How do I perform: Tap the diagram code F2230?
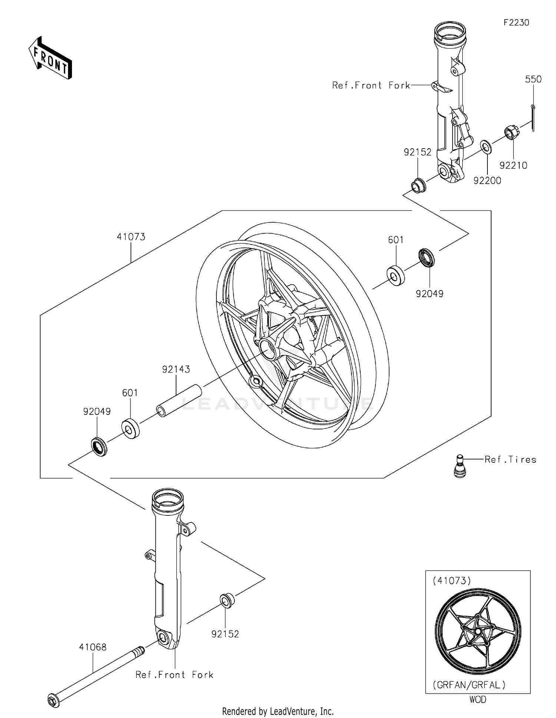click(x=516, y=23)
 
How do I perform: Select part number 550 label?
click(x=533, y=79)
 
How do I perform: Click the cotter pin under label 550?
click(x=533, y=118)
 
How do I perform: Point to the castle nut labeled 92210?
click(x=511, y=133)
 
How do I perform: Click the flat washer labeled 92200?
click(x=486, y=147)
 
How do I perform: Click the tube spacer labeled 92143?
click(x=179, y=401)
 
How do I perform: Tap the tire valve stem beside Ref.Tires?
click(x=460, y=466)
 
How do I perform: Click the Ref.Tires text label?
click(x=510, y=460)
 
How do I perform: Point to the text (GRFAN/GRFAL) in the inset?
click(x=469, y=685)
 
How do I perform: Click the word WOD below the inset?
click(x=477, y=700)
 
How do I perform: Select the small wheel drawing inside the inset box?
click(x=477, y=631)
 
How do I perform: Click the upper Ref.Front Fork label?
click(x=371, y=86)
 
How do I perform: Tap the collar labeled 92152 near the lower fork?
click(x=227, y=600)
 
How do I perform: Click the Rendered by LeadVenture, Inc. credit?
click(x=278, y=711)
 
